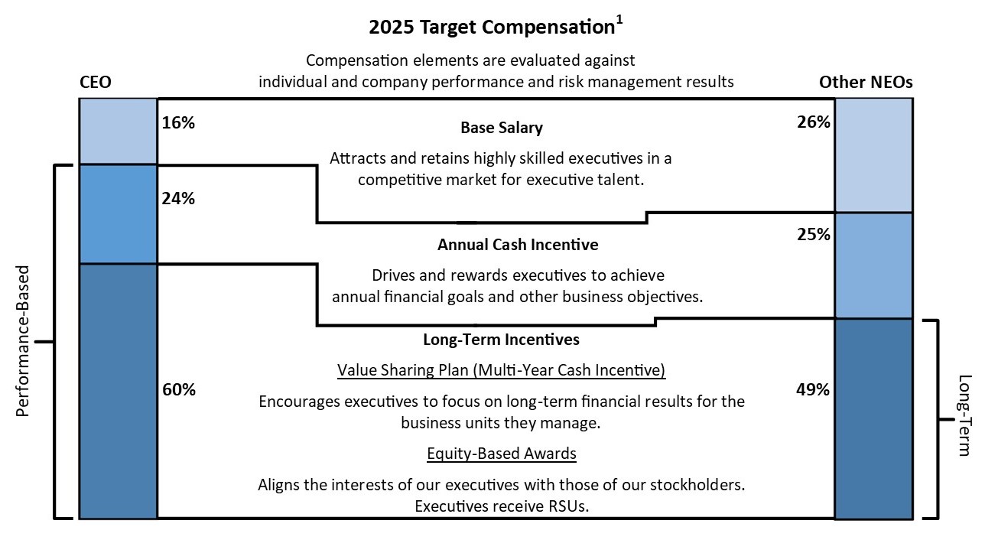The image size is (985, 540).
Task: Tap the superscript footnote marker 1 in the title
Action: [619, 21]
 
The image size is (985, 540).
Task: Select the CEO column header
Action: [96, 82]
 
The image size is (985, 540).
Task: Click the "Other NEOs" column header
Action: [866, 82]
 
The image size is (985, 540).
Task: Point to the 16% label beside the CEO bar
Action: [179, 122]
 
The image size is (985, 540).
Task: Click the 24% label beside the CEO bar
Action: [179, 199]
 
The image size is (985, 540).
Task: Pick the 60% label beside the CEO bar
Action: [179, 389]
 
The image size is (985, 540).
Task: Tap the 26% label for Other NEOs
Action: [813, 122]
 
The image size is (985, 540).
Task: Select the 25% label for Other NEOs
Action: [813, 234]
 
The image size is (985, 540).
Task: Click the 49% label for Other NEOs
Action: [813, 389]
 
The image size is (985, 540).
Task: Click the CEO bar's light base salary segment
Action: [119, 131]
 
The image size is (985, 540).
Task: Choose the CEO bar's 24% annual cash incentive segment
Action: [119, 214]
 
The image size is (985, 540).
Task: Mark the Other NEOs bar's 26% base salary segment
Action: [873, 155]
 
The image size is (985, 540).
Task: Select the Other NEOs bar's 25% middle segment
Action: [873, 265]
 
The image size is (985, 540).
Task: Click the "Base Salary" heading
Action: [502, 128]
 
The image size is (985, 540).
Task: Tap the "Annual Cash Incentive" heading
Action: [518, 245]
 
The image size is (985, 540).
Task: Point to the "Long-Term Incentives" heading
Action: [501, 339]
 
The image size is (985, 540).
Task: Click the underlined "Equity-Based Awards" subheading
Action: [502, 454]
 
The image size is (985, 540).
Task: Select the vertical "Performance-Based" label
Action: [23, 341]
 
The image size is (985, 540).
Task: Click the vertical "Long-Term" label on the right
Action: [964, 415]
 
